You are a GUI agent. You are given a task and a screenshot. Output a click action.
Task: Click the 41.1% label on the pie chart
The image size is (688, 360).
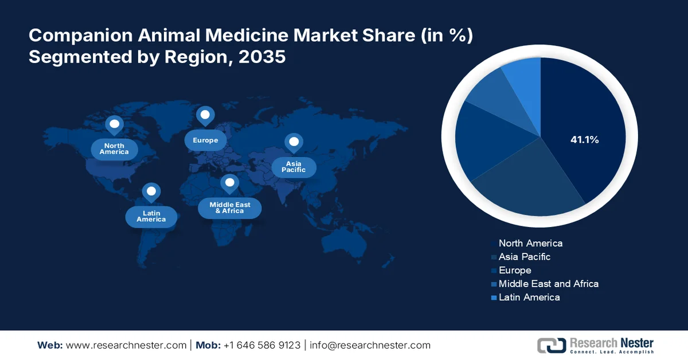pos(584,139)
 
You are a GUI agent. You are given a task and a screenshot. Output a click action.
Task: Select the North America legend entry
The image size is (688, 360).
pos(530,243)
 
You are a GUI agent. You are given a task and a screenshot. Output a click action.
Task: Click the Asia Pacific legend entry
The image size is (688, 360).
pos(525,257)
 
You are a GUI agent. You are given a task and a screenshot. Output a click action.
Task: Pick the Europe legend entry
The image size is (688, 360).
pos(515,270)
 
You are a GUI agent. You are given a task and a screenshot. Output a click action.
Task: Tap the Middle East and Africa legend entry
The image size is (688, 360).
pos(548,284)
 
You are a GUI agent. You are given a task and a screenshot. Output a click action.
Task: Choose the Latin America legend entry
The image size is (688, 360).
pos(529,297)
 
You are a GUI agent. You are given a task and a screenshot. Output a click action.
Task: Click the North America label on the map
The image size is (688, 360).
pos(114,149)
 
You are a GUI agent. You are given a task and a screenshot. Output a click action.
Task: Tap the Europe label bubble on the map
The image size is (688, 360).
pos(205,140)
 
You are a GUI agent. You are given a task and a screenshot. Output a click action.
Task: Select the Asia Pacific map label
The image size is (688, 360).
pos(294,167)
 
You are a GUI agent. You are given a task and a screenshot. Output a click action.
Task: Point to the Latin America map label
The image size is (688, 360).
pos(151,216)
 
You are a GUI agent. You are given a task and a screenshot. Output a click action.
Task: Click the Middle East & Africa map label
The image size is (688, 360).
pos(229,208)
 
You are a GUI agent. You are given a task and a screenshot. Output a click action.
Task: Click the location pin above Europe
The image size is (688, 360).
pos(205,116)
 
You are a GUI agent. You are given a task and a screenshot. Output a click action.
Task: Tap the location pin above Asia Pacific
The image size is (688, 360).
pos(294,142)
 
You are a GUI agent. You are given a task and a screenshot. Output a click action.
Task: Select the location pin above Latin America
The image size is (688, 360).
pos(151,192)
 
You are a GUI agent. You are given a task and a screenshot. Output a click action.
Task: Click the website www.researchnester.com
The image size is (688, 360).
pos(126,345)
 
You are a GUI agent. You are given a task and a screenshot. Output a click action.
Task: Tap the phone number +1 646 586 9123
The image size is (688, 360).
pos(261,345)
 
